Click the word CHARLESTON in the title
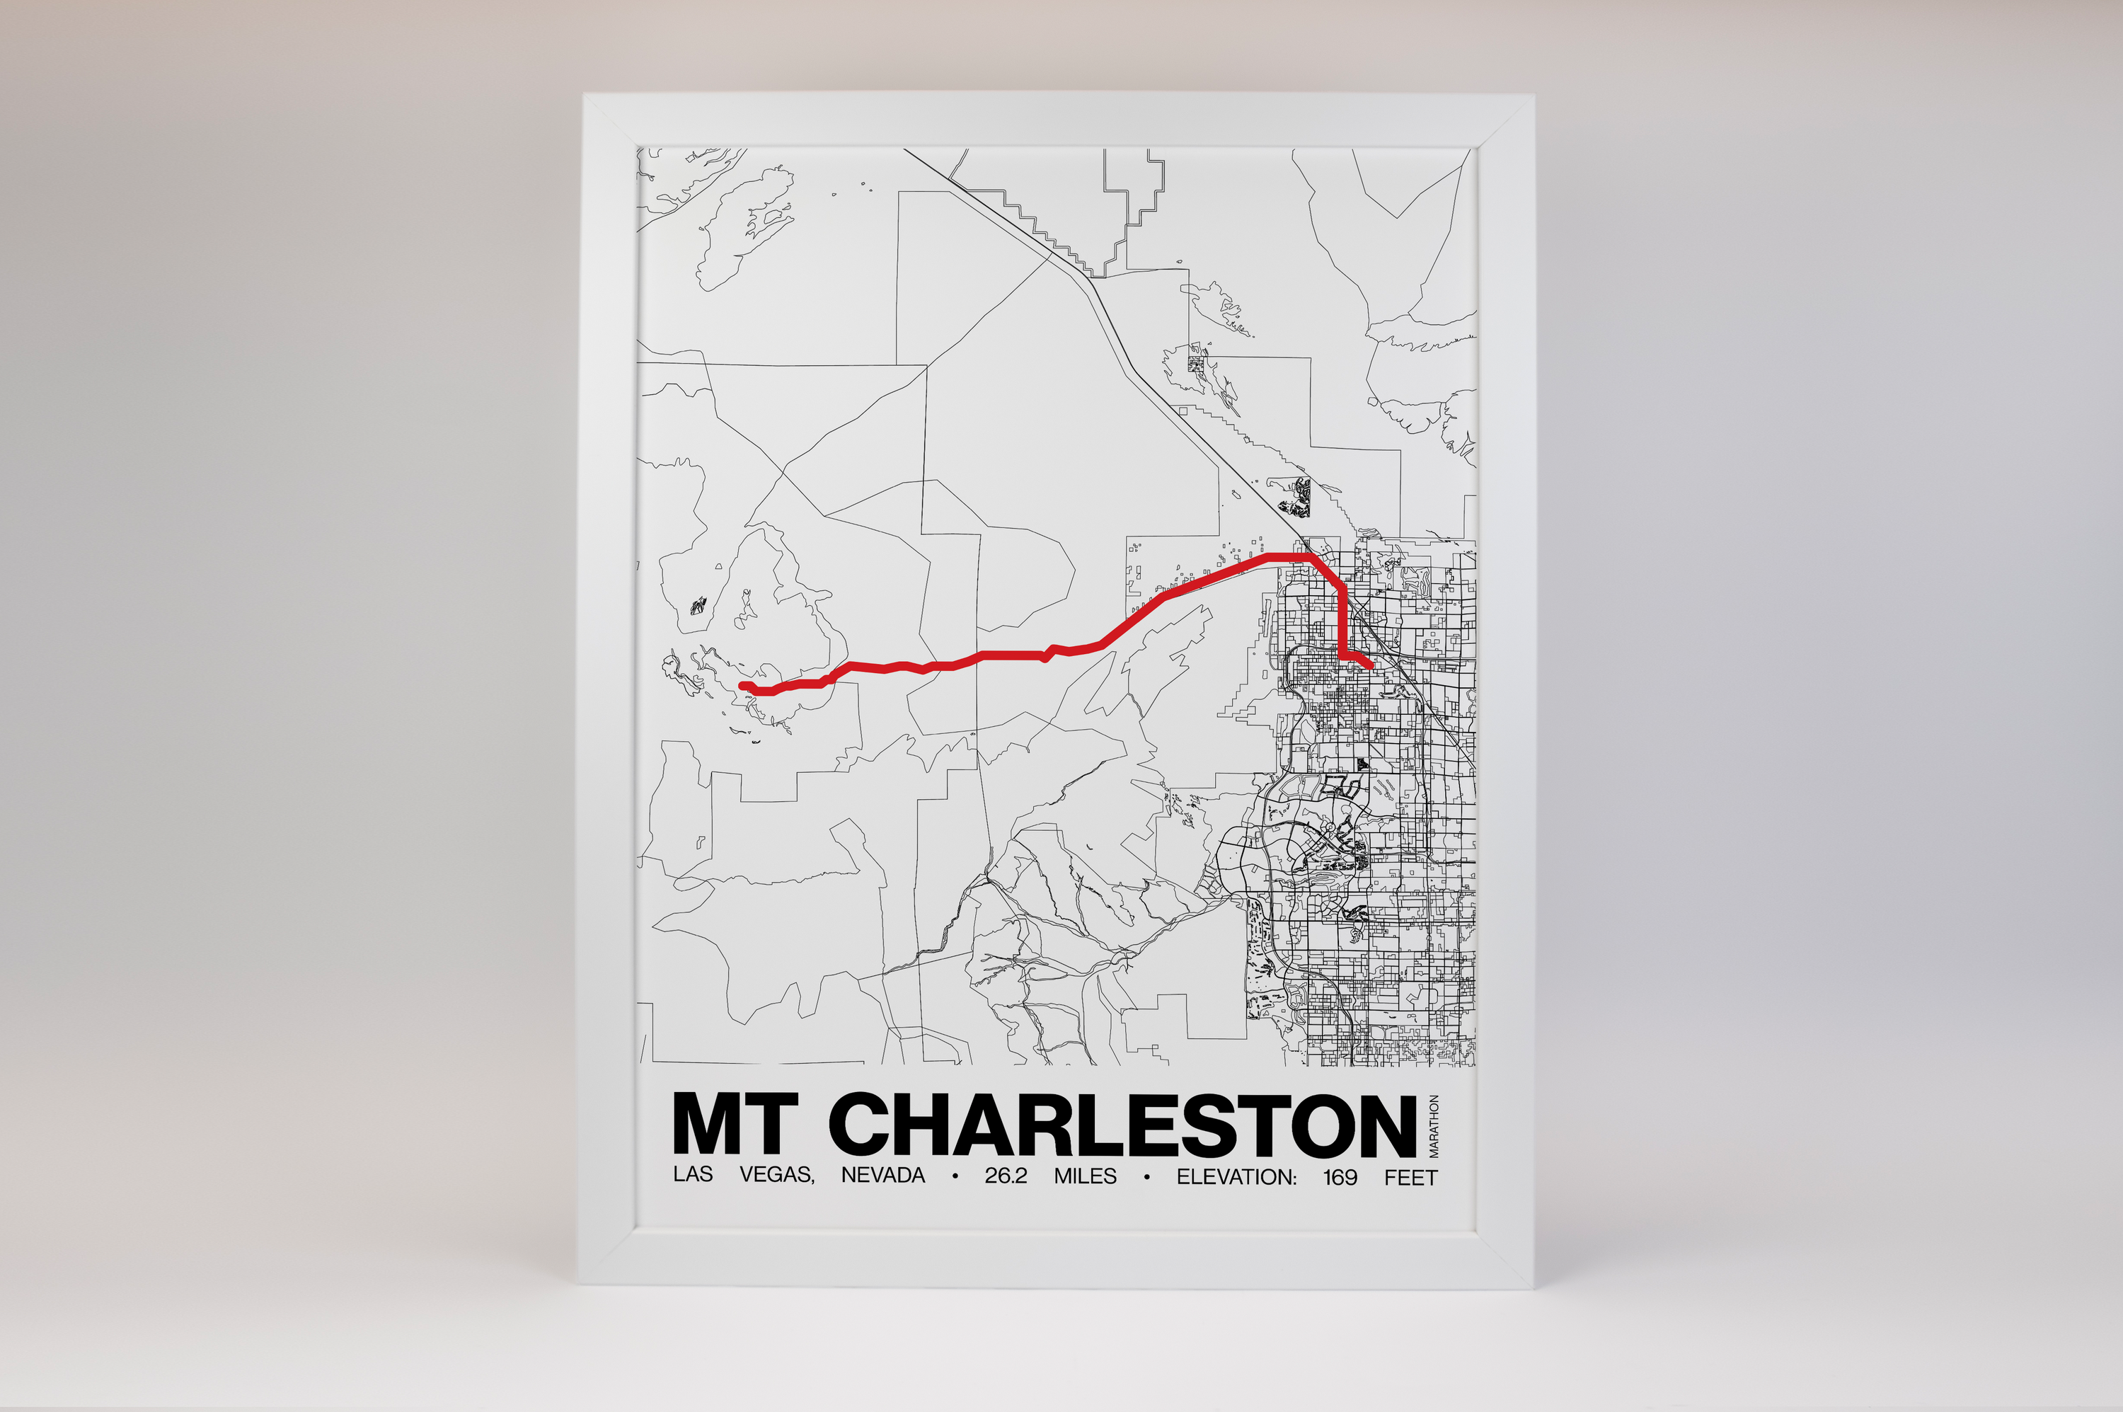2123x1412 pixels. point(1122,1125)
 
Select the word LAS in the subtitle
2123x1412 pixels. point(692,1174)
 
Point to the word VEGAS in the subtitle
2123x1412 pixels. point(777,1175)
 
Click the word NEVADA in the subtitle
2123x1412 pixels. point(882,1175)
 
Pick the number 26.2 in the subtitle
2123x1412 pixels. point(1006,1176)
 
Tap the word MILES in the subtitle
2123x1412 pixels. point(1085,1176)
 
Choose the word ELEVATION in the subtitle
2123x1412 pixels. point(1236,1177)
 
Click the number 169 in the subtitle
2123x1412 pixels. point(1340,1177)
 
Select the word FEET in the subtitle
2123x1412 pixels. point(1411,1178)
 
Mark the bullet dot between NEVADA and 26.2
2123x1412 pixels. point(955,1176)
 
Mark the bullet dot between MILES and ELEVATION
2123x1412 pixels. point(1146,1177)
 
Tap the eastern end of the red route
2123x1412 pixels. point(1369,667)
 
